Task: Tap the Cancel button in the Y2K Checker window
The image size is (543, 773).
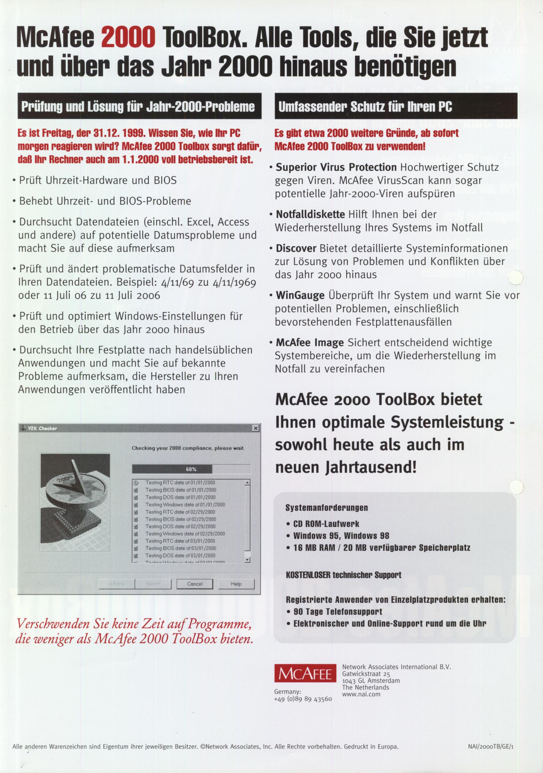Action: pyautogui.click(x=195, y=584)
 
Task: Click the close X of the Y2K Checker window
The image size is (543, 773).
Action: pyautogui.click(x=256, y=428)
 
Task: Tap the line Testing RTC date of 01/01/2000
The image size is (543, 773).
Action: pyautogui.click(x=180, y=483)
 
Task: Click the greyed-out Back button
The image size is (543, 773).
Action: pyautogui.click(x=117, y=584)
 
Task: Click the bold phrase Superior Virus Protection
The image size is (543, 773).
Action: pyautogui.click(x=336, y=167)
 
